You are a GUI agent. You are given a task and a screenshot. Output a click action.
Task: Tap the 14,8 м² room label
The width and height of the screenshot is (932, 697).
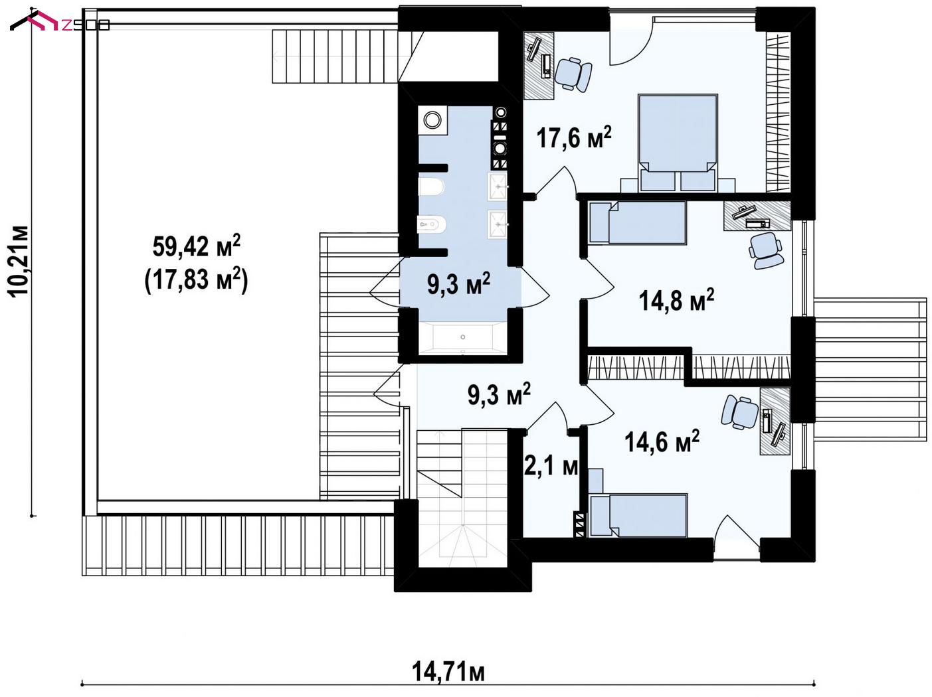coord(676,300)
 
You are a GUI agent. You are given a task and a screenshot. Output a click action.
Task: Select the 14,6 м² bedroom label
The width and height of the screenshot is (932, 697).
coord(662,441)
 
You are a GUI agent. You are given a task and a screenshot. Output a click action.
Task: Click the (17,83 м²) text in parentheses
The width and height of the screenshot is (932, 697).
coord(196,279)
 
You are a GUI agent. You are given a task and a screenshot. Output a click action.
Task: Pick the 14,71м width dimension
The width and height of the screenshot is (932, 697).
coord(448,672)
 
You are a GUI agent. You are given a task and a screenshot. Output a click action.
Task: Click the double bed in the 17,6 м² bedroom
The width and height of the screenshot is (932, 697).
coord(678,143)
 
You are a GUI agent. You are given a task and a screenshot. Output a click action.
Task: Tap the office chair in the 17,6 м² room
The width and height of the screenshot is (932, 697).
coord(574,74)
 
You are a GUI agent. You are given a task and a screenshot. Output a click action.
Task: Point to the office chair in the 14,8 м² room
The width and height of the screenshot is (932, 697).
coord(765,250)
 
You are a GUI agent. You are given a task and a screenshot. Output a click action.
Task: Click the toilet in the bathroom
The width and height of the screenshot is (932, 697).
coord(432,187)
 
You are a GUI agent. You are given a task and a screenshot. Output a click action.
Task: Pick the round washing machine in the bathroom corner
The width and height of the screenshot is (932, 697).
coord(432,120)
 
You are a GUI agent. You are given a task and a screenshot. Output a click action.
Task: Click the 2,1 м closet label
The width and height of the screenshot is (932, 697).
coord(551,467)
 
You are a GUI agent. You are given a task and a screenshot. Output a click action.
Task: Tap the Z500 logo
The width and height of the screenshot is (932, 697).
coord(60,22)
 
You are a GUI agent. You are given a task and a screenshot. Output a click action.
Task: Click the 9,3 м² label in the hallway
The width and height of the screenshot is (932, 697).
coord(499,394)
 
